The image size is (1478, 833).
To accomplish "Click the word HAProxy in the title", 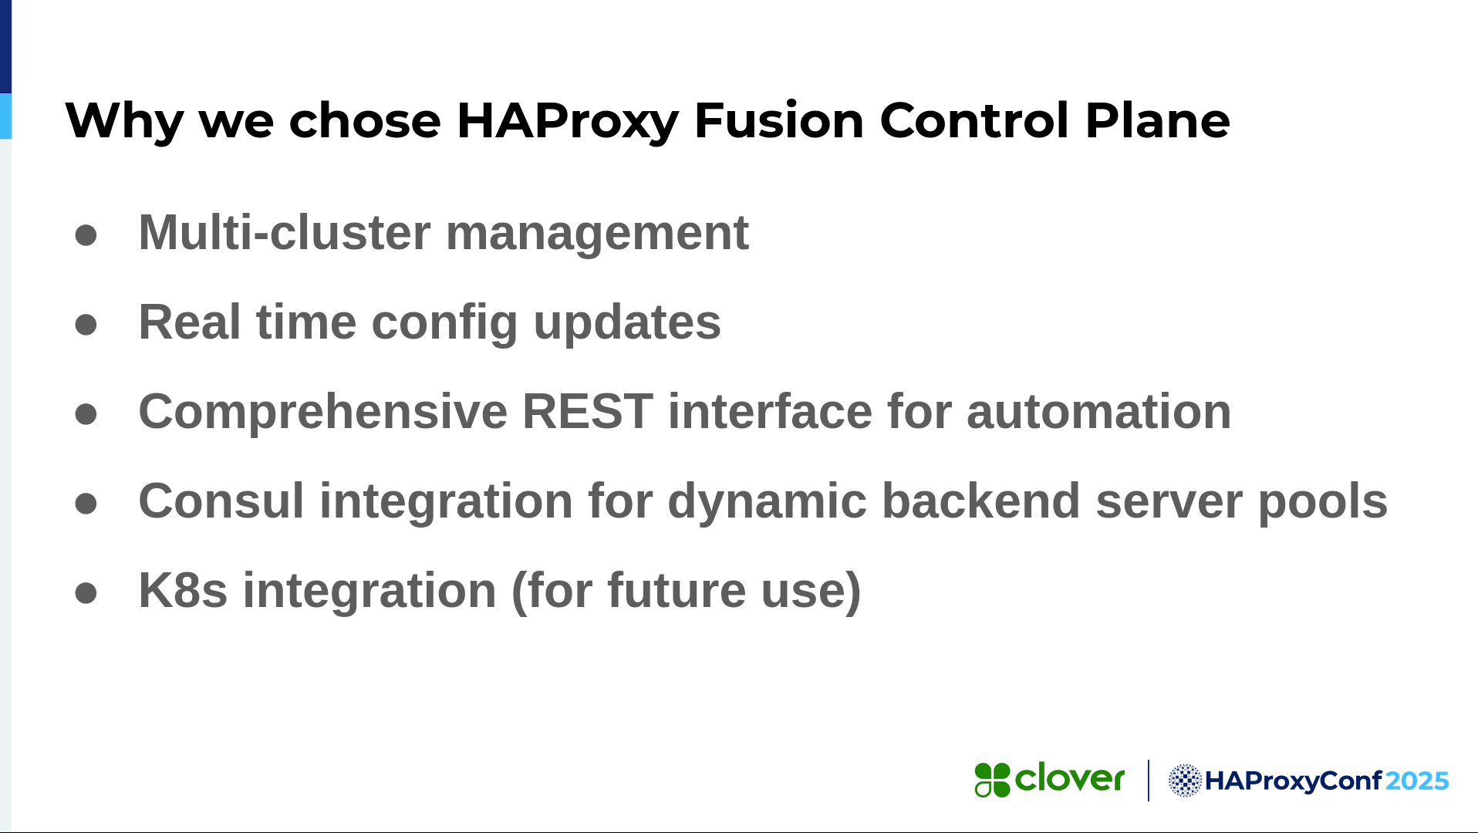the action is (567, 121).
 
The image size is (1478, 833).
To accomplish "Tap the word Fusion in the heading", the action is (779, 120).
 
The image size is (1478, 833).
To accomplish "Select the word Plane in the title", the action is (1157, 120).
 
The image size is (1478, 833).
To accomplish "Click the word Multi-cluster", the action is (285, 232).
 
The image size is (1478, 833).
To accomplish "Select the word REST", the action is (588, 411).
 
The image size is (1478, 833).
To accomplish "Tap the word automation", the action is (1098, 411).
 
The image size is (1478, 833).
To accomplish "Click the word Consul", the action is (221, 501).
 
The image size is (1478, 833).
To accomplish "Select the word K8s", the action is (183, 590).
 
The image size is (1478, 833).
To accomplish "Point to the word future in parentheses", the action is (677, 590).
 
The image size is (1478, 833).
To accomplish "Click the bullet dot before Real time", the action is (86, 325).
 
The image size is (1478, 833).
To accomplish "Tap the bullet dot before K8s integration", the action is (86, 593).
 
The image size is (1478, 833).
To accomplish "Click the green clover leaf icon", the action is (992, 780).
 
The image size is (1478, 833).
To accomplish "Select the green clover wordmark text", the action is (1070, 778).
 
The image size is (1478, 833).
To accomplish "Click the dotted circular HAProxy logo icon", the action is (1185, 781).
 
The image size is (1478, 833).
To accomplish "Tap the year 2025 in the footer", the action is (1417, 781).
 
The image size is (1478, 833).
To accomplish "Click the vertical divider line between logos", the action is (1149, 781).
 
